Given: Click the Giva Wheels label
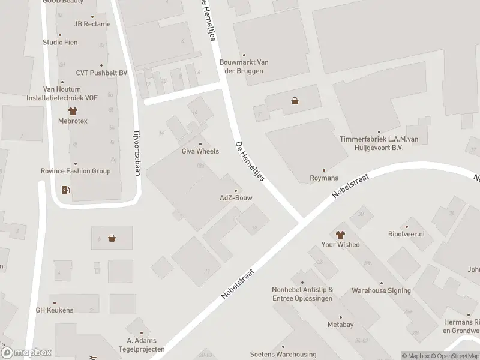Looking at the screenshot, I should (200, 151).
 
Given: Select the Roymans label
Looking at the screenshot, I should (324, 178).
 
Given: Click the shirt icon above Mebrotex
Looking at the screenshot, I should (73, 111).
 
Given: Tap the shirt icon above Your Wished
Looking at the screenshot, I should (340, 235).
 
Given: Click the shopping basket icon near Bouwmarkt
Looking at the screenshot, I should (295, 101).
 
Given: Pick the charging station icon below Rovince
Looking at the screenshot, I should (66, 191).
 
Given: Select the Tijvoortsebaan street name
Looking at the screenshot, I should (136, 154).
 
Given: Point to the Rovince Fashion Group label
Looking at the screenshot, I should (76, 171).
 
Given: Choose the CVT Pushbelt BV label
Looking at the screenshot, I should (102, 73).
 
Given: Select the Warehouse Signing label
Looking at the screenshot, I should (382, 290).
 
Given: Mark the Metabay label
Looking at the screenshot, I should (340, 325).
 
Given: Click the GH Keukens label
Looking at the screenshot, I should (55, 310).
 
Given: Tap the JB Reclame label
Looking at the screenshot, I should (92, 24).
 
